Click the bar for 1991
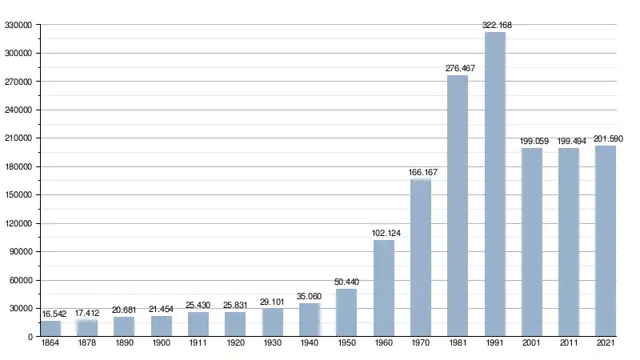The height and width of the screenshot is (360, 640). (495, 184)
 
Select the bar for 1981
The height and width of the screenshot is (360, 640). (458, 206)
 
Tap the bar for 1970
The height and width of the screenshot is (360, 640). (421, 258)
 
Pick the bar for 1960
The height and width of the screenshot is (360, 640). (384, 288)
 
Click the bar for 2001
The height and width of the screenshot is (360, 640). (532, 242)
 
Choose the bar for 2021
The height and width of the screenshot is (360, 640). (606, 241)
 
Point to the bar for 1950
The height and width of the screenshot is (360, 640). (346, 312)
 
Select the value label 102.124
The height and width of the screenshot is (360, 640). (384, 234)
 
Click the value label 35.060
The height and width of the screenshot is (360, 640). (310, 297)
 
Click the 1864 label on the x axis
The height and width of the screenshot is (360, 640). (50, 344)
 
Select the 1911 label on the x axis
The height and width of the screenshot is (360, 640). (198, 344)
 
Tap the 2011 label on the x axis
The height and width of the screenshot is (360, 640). (569, 344)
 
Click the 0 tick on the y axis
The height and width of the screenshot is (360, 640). (29, 337)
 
